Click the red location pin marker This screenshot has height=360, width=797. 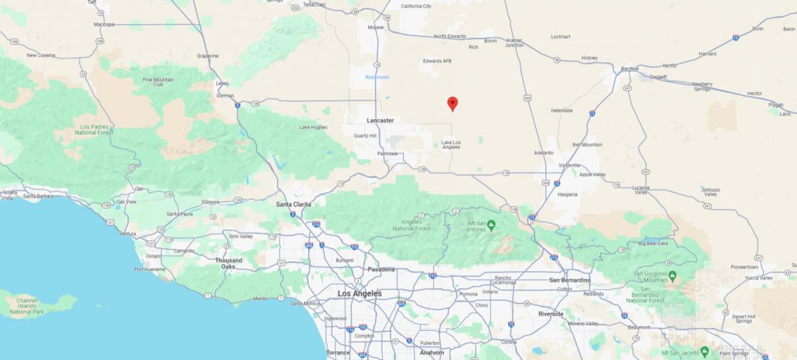452,103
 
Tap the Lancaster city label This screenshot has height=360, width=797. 380,120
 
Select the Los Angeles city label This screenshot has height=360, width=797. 359,293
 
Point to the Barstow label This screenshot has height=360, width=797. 629,68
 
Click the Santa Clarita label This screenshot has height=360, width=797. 294,204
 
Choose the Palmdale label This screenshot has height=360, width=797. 387,153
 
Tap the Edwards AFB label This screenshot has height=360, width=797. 437,60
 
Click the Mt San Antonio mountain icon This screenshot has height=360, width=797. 491,226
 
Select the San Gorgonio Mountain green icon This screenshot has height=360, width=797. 672,275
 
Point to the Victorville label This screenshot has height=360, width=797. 569,165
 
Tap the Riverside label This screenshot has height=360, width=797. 551,314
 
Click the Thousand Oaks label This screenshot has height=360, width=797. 228,263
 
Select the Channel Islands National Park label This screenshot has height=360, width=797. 27,306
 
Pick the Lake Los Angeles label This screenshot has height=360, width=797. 451,144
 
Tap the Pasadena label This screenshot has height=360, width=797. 381,269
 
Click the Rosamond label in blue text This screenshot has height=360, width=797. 377,77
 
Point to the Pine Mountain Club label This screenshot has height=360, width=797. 158,82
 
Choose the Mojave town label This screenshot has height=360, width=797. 376,27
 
